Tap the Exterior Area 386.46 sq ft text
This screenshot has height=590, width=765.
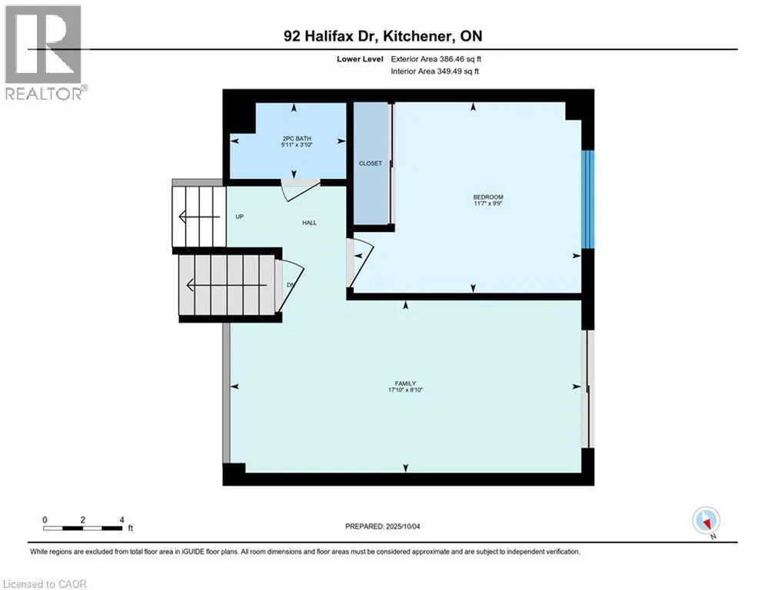tap(437, 58)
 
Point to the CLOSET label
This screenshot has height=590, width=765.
tap(371, 164)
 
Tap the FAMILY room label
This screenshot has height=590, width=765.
tap(405, 383)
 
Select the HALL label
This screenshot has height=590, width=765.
tap(309, 223)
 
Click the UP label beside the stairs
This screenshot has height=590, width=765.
tap(239, 217)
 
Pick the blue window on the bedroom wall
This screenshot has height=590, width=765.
tap(587, 199)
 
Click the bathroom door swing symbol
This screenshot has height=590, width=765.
tap(298, 190)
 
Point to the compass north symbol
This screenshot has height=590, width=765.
tap(705, 521)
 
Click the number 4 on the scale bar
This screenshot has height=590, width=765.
tap(122, 519)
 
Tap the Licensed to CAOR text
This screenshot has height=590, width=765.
tap(45, 584)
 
